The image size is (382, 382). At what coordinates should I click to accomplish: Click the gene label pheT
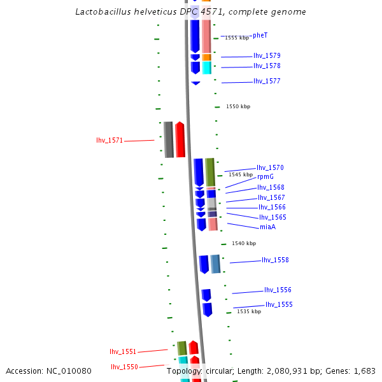click(260, 35)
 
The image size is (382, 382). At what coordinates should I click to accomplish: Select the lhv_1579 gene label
click(267, 56)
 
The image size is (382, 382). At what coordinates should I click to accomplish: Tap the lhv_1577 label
click(267, 81)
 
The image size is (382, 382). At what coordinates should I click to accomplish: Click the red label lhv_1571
click(110, 140)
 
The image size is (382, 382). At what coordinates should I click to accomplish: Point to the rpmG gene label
click(265, 176)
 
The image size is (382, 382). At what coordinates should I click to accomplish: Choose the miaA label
click(267, 227)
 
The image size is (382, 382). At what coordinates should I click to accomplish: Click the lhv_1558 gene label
click(275, 260)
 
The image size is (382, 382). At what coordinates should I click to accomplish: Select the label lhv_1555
click(279, 305)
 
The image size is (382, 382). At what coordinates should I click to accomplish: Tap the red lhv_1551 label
click(123, 351)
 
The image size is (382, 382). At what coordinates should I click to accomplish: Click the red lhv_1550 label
click(124, 367)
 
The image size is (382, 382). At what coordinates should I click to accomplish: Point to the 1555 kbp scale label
click(237, 38)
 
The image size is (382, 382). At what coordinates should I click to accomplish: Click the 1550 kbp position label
click(238, 106)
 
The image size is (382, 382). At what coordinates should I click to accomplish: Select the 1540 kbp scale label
click(244, 243)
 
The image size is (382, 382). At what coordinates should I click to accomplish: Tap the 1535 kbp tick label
click(249, 311)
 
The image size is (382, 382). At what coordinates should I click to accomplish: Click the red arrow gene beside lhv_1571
click(180, 139)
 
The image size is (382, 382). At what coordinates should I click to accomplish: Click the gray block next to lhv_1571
click(169, 139)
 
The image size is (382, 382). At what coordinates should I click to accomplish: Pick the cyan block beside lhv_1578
click(206, 67)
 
